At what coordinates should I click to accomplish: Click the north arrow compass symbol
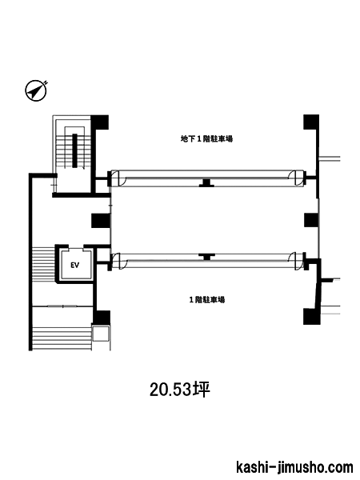coord(36,91)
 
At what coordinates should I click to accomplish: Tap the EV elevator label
coord(74,265)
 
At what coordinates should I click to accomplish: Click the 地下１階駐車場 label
coord(206,139)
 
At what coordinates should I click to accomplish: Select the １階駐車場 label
coord(207,299)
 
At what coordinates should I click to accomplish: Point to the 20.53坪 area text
coord(180,390)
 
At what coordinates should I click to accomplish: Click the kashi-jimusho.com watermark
coord(294,467)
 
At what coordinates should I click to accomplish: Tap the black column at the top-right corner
coord(311,122)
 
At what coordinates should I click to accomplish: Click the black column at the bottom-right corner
coord(312,317)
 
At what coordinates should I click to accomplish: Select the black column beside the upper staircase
coord(100,122)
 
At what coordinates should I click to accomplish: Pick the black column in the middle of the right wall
coord(312,220)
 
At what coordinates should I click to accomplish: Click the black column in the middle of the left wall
coord(101,221)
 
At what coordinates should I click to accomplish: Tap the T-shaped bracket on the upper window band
coord(206,182)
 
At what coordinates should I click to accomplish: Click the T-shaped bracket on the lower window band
coord(207,257)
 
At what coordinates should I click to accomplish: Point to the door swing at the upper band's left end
coord(118,178)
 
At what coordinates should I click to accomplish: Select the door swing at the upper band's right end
coord(296,178)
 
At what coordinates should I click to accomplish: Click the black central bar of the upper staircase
coord(74,150)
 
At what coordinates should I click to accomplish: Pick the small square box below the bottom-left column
coord(101,334)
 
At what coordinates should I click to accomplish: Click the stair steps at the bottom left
coord(62,338)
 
